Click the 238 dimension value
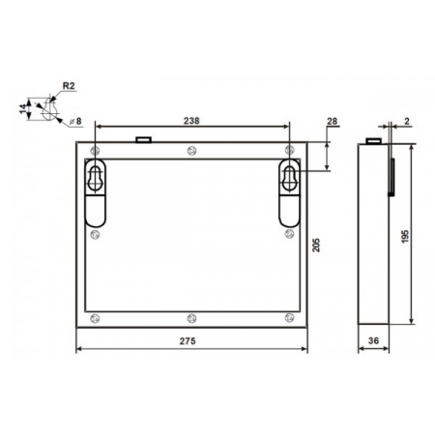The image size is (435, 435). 191,121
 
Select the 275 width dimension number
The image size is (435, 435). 188,341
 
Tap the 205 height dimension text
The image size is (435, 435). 316,246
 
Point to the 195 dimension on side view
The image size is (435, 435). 405,236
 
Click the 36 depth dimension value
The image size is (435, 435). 373,340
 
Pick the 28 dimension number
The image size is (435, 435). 332,121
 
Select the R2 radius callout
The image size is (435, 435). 69,86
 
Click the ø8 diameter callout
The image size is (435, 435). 76,121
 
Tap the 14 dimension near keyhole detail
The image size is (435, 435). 23,109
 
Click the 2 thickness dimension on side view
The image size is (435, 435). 407,121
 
